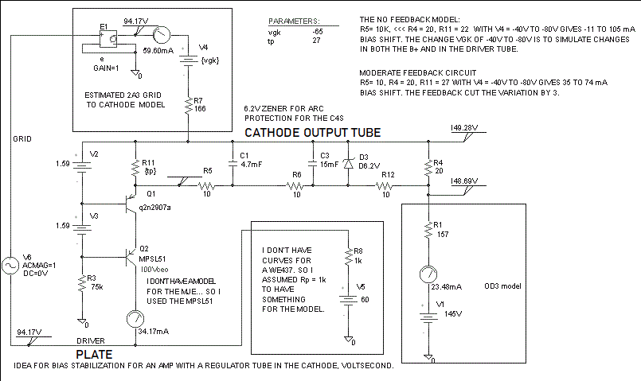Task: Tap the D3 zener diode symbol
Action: tap(348, 164)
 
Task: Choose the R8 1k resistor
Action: tap(347, 255)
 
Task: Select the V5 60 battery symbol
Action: tap(347, 301)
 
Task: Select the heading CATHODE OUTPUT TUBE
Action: tap(312, 132)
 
